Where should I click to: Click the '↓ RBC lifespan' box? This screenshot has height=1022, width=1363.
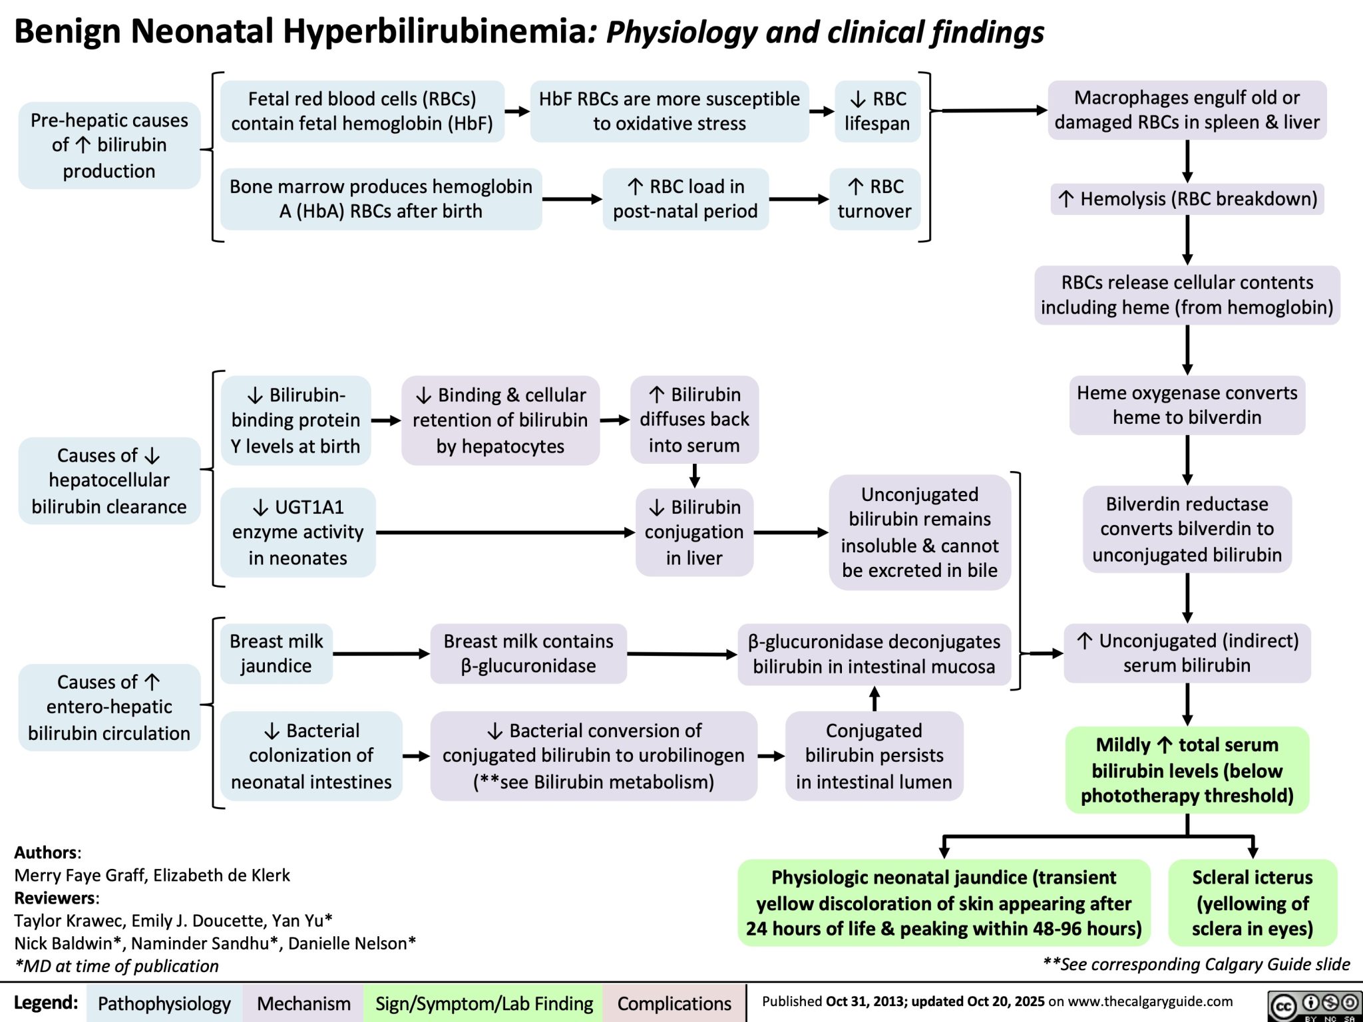click(x=876, y=111)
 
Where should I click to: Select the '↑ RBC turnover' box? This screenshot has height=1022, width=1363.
click(x=874, y=199)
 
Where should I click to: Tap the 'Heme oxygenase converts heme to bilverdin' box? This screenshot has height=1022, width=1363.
click(x=1187, y=405)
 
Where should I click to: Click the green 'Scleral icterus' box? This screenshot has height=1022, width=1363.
click(x=1252, y=902)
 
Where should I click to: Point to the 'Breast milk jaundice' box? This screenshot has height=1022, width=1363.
click(x=276, y=653)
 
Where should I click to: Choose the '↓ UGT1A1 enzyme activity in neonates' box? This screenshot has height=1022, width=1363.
click(x=297, y=532)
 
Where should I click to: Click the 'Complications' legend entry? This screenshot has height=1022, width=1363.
click(x=674, y=1003)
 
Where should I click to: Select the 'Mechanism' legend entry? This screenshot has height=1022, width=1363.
click(x=303, y=1003)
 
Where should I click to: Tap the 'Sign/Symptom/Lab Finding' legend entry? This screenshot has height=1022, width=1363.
click(x=484, y=1003)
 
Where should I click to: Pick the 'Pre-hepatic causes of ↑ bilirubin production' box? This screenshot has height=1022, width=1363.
click(x=109, y=146)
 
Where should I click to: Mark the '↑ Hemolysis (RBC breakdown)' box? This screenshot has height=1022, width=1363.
click(x=1187, y=199)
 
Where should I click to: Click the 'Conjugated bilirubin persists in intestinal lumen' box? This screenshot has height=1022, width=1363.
click(x=874, y=756)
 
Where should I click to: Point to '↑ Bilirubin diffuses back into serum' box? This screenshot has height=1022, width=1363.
click(x=694, y=419)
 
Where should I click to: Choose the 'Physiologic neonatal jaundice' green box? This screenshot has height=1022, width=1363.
click(x=944, y=902)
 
